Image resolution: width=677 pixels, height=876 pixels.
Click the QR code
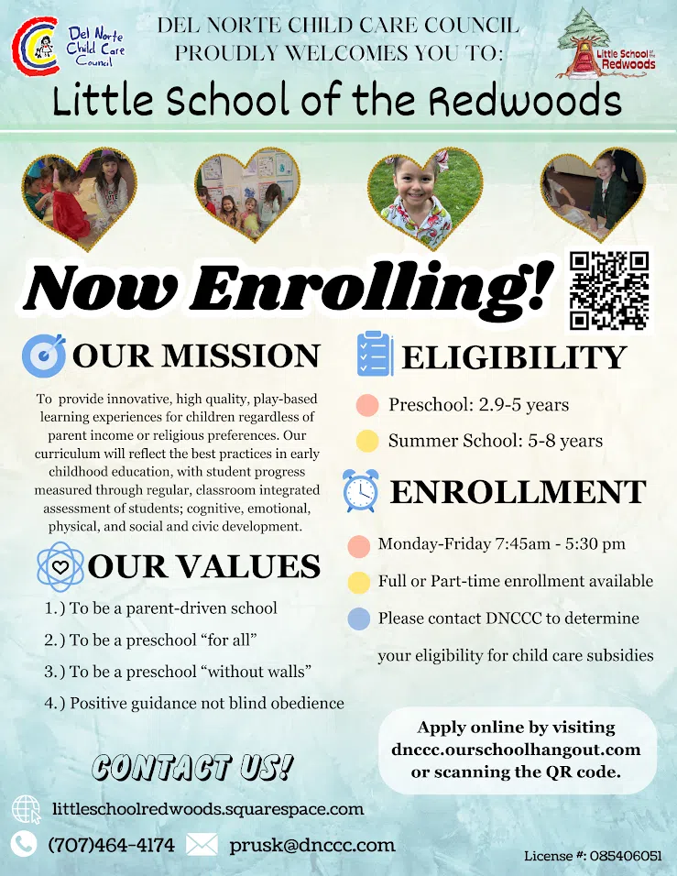609,290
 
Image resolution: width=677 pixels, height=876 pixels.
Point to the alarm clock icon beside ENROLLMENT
360,490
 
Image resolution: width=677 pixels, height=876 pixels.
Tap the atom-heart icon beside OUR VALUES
60,565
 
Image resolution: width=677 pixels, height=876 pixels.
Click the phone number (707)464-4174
110,845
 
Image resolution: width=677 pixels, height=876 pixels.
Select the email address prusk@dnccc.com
312,845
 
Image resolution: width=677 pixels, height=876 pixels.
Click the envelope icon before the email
202,845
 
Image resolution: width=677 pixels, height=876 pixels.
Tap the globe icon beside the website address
26,810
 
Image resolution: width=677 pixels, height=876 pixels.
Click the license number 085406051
628,856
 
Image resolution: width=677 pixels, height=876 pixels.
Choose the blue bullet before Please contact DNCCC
359,619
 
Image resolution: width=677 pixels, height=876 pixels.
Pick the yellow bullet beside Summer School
367,441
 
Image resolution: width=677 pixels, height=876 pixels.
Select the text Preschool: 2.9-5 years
478,405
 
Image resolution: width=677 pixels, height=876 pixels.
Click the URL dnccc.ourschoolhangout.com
516,750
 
